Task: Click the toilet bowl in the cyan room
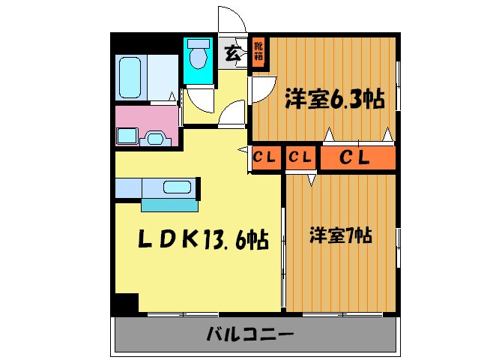[x=199, y=56]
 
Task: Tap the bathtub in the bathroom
[x=131, y=76]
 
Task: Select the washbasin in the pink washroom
[x=156, y=138]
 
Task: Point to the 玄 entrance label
[x=232, y=53]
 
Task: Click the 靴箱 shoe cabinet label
[x=258, y=52]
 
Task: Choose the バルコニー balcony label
[x=249, y=334]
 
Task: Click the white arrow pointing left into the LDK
[x=242, y=151]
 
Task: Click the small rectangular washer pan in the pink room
[x=126, y=136]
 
